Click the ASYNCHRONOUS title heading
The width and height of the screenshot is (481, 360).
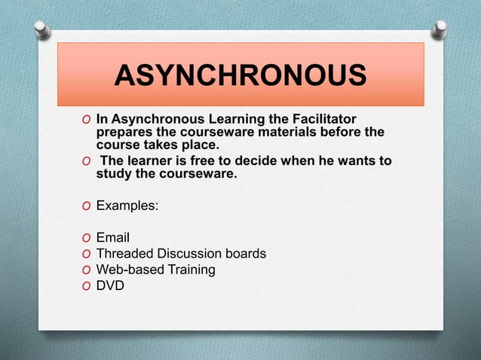click(x=241, y=76)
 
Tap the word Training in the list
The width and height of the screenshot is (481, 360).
click(x=190, y=269)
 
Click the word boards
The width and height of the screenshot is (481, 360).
click(x=247, y=254)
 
